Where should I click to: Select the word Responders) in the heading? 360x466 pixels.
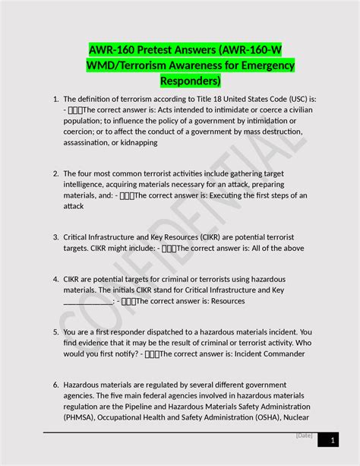coord(190,81)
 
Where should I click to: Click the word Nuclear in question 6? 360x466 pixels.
coord(295,417)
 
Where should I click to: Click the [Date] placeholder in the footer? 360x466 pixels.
coord(305,435)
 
